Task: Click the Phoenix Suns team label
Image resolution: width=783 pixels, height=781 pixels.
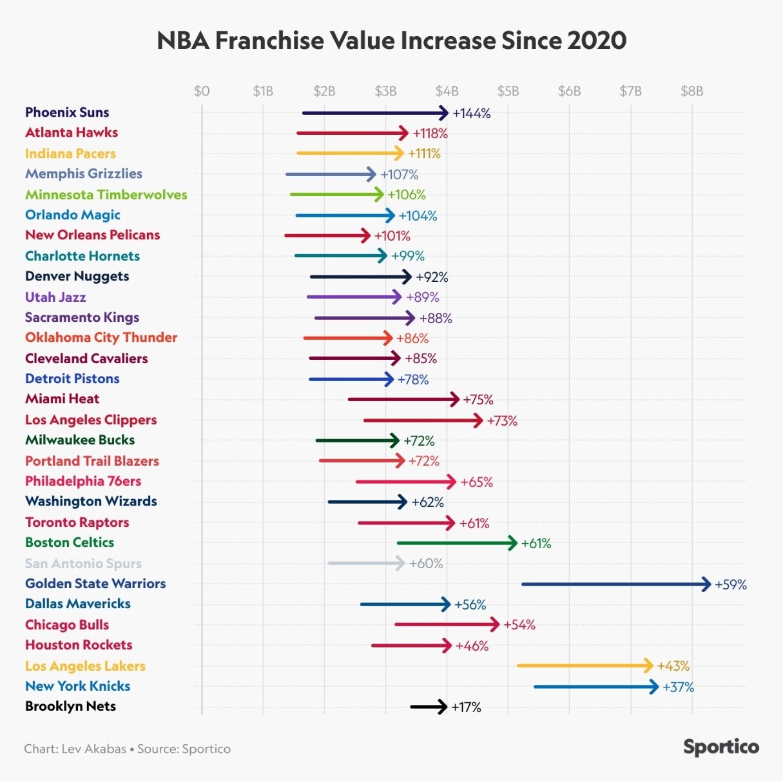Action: (67, 112)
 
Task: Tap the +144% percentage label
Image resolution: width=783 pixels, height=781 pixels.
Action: (472, 114)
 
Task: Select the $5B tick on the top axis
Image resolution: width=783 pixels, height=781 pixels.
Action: (508, 91)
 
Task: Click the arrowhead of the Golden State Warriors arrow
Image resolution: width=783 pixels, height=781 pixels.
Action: (706, 584)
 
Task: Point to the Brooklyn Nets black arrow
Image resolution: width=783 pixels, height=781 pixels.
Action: (429, 707)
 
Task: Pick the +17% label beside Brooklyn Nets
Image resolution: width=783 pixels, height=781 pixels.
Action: (466, 707)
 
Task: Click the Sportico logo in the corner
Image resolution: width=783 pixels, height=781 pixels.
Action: (721, 747)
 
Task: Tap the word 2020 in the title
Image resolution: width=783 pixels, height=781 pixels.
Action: (597, 41)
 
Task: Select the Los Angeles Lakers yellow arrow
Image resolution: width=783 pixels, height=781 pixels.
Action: (585, 666)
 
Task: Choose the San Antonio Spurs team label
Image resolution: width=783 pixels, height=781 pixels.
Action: (83, 564)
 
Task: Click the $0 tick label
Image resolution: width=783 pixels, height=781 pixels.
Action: (202, 91)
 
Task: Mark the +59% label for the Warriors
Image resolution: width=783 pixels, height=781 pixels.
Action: (731, 585)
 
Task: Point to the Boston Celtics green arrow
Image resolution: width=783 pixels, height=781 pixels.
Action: (456, 543)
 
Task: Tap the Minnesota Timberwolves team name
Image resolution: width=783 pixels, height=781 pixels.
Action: (106, 195)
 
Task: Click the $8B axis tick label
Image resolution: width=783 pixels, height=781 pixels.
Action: (691, 91)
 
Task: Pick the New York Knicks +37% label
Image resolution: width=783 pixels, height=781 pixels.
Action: (679, 687)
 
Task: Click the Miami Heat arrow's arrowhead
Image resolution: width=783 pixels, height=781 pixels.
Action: (454, 400)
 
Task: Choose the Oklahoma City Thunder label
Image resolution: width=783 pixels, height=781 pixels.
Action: (101, 337)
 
